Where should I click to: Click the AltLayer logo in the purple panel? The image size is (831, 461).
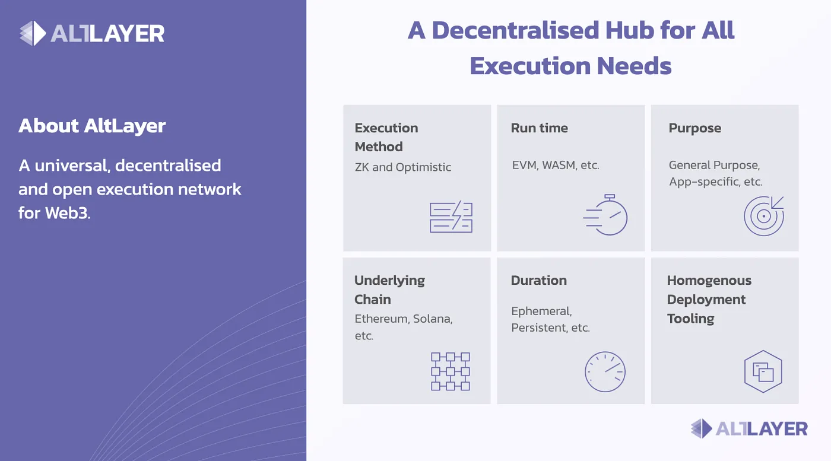[92, 33]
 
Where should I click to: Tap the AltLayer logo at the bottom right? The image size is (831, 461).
[749, 429]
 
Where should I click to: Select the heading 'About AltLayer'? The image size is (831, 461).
[92, 126]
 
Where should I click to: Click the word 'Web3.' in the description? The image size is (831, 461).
[68, 213]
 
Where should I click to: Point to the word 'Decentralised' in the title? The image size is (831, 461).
[516, 30]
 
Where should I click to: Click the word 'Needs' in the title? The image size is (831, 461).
[635, 66]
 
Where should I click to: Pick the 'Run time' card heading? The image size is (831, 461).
[540, 128]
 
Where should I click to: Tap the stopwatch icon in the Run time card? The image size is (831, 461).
[605, 215]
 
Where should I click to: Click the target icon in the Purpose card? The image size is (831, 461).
[764, 216]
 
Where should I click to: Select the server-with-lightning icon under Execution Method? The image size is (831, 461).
[451, 217]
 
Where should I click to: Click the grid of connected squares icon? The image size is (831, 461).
[451, 371]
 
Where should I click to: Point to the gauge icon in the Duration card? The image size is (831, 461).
[605, 371]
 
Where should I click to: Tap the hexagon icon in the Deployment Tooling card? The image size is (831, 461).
[763, 371]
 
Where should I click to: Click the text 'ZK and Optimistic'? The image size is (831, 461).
[403, 167]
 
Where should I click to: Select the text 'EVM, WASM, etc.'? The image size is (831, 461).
[556, 165]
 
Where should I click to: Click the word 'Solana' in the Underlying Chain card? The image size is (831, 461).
[433, 319]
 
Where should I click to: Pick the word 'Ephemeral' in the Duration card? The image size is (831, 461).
[541, 311]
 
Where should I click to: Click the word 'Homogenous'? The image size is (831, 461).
[709, 281]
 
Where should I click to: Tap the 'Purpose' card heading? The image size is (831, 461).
[695, 128]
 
